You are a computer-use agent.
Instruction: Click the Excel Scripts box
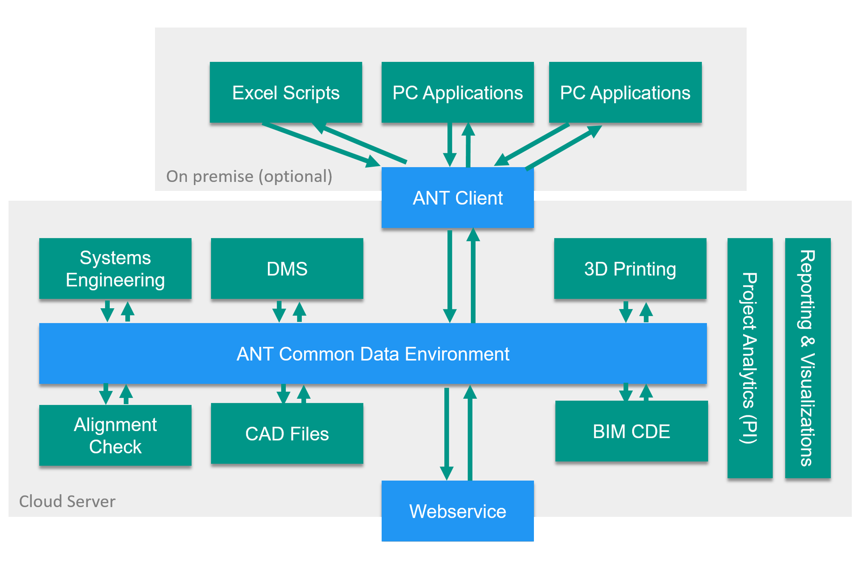click(x=286, y=92)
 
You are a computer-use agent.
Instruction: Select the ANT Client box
click(x=457, y=198)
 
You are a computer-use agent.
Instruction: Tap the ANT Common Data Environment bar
click(x=373, y=353)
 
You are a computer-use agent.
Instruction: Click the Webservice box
click(x=457, y=511)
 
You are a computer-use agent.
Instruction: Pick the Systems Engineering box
click(x=115, y=268)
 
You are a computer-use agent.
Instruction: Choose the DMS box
click(x=287, y=268)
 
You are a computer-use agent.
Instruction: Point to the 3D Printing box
click(x=630, y=268)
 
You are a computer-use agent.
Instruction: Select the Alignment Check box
click(x=115, y=435)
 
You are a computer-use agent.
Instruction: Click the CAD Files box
click(x=287, y=433)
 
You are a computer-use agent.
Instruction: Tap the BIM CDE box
click(x=632, y=431)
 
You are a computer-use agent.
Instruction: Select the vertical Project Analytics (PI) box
click(x=750, y=358)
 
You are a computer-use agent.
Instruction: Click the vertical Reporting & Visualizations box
click(x=808, y=358)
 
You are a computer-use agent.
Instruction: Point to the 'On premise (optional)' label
click(x=249, y=177)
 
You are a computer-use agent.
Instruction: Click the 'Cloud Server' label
click(x=67, y=501)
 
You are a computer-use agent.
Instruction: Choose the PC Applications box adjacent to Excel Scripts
click(x=457, y=92)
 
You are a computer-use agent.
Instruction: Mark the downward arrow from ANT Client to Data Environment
click(x=450, y=276)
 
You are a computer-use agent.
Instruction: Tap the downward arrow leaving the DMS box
click(x=279, y=311)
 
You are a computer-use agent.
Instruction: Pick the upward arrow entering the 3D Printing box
click(x=646, y=312)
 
